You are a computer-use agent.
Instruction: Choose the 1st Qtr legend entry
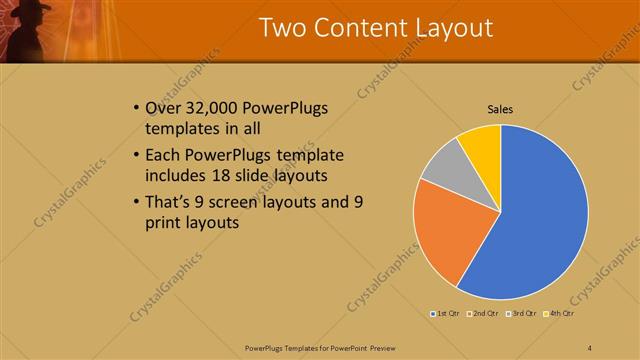(x=444, y=315)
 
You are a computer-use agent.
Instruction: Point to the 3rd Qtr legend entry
(x=521, y=315)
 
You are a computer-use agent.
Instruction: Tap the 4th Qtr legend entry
(x=559, y=315)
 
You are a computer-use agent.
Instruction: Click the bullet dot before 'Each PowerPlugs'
(x=135, y=156)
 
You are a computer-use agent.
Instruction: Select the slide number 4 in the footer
(x=590, y=347)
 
